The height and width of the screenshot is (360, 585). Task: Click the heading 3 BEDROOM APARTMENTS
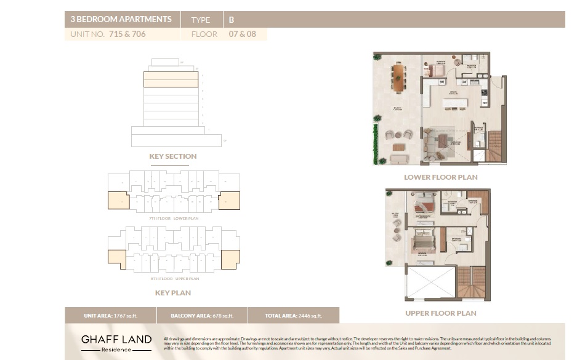[121, 19]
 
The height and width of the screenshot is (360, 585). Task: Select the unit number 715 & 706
[127, 34]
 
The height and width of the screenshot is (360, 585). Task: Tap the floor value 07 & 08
[242, 34]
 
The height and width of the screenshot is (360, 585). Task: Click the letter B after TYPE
[232, 20]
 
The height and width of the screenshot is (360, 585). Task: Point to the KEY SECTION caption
[173, 156]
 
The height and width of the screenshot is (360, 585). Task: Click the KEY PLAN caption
[173, 293]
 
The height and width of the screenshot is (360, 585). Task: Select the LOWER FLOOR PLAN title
[440, 177]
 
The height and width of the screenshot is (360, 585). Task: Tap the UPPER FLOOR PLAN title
[440, 313]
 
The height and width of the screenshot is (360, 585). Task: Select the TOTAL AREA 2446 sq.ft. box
[293, 316]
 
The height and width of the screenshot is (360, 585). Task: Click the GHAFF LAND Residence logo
[116, 343]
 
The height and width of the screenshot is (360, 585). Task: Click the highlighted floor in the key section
[171, 79]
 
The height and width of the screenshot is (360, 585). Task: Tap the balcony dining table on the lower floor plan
[399, 78]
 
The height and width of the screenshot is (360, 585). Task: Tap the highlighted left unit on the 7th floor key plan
[118, 201]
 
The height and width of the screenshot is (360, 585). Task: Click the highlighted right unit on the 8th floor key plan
[230, 259]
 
